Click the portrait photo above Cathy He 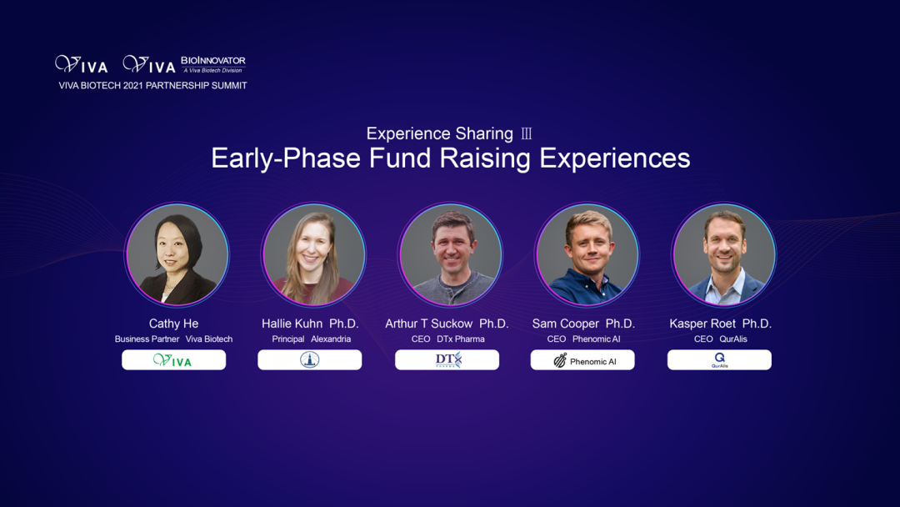(x=177, y=254)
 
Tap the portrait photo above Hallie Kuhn (x=313, y=254)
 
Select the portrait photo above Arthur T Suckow (x=451, y=254)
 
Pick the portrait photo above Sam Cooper (x=587, y=254)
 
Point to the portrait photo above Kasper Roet (x=724, y=254)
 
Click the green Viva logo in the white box (x=172, y=360)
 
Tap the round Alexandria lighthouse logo (x=309, y=360)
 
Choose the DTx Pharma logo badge (x=447, y=360)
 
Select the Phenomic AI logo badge (x=583, y=360)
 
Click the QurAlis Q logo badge (x=719, y=360)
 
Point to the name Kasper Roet (x=702, y=324)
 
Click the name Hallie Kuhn (x=292, y=324)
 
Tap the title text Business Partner (x=147, y=339)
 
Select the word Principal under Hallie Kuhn (x=288, y=339)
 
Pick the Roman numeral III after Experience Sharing (x=527, y=133)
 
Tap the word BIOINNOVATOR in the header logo (x=213, y=60)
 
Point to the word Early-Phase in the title (x=286, y=158)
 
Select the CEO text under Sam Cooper (x=556, y=339)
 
